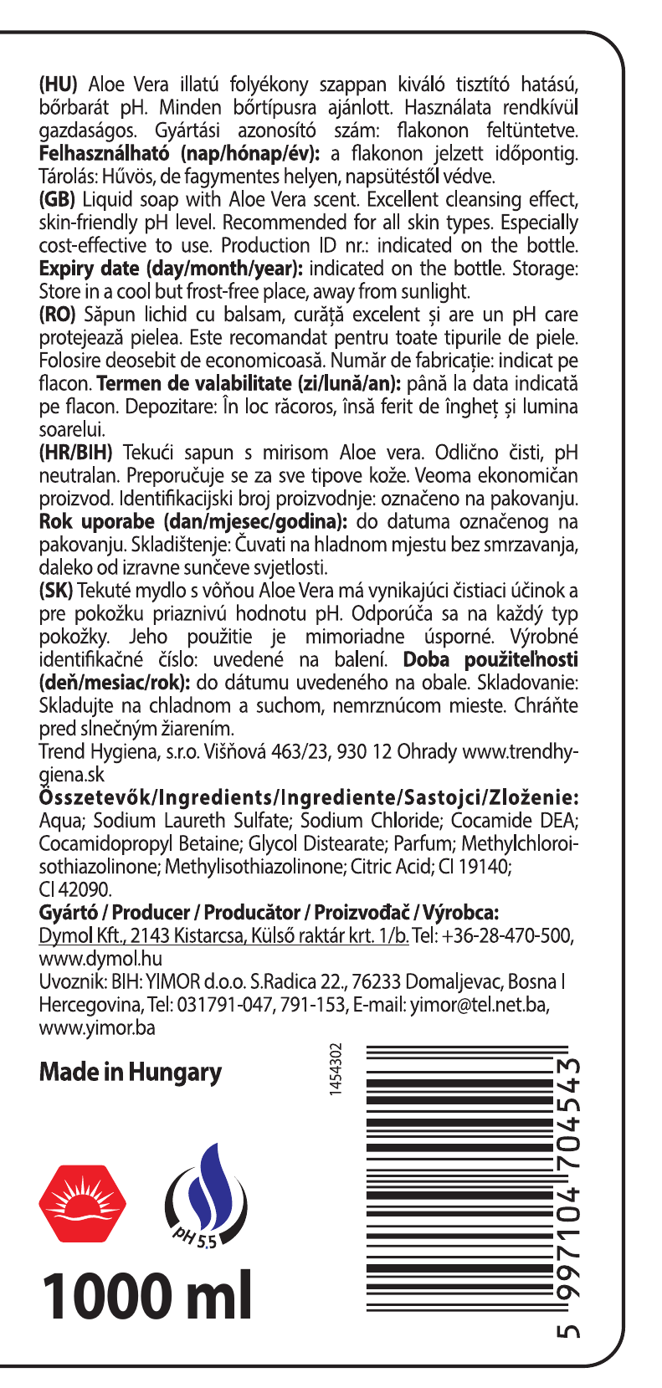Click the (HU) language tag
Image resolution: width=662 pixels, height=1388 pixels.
pos(59,85)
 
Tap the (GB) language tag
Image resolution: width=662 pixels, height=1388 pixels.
pos(58,200)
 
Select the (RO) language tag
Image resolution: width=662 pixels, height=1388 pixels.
pos(58,315)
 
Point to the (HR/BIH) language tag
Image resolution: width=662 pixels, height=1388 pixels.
pos(76,453)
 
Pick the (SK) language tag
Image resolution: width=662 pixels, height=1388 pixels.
pos(56,591)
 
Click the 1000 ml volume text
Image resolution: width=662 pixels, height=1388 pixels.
pos(146,1297)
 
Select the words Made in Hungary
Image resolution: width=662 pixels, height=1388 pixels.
pos(131,1073)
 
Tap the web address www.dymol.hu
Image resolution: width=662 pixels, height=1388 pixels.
pos(100,959)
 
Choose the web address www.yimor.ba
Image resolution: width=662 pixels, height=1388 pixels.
pos(97,1027)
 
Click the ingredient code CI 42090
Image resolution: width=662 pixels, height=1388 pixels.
pos(75,889)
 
